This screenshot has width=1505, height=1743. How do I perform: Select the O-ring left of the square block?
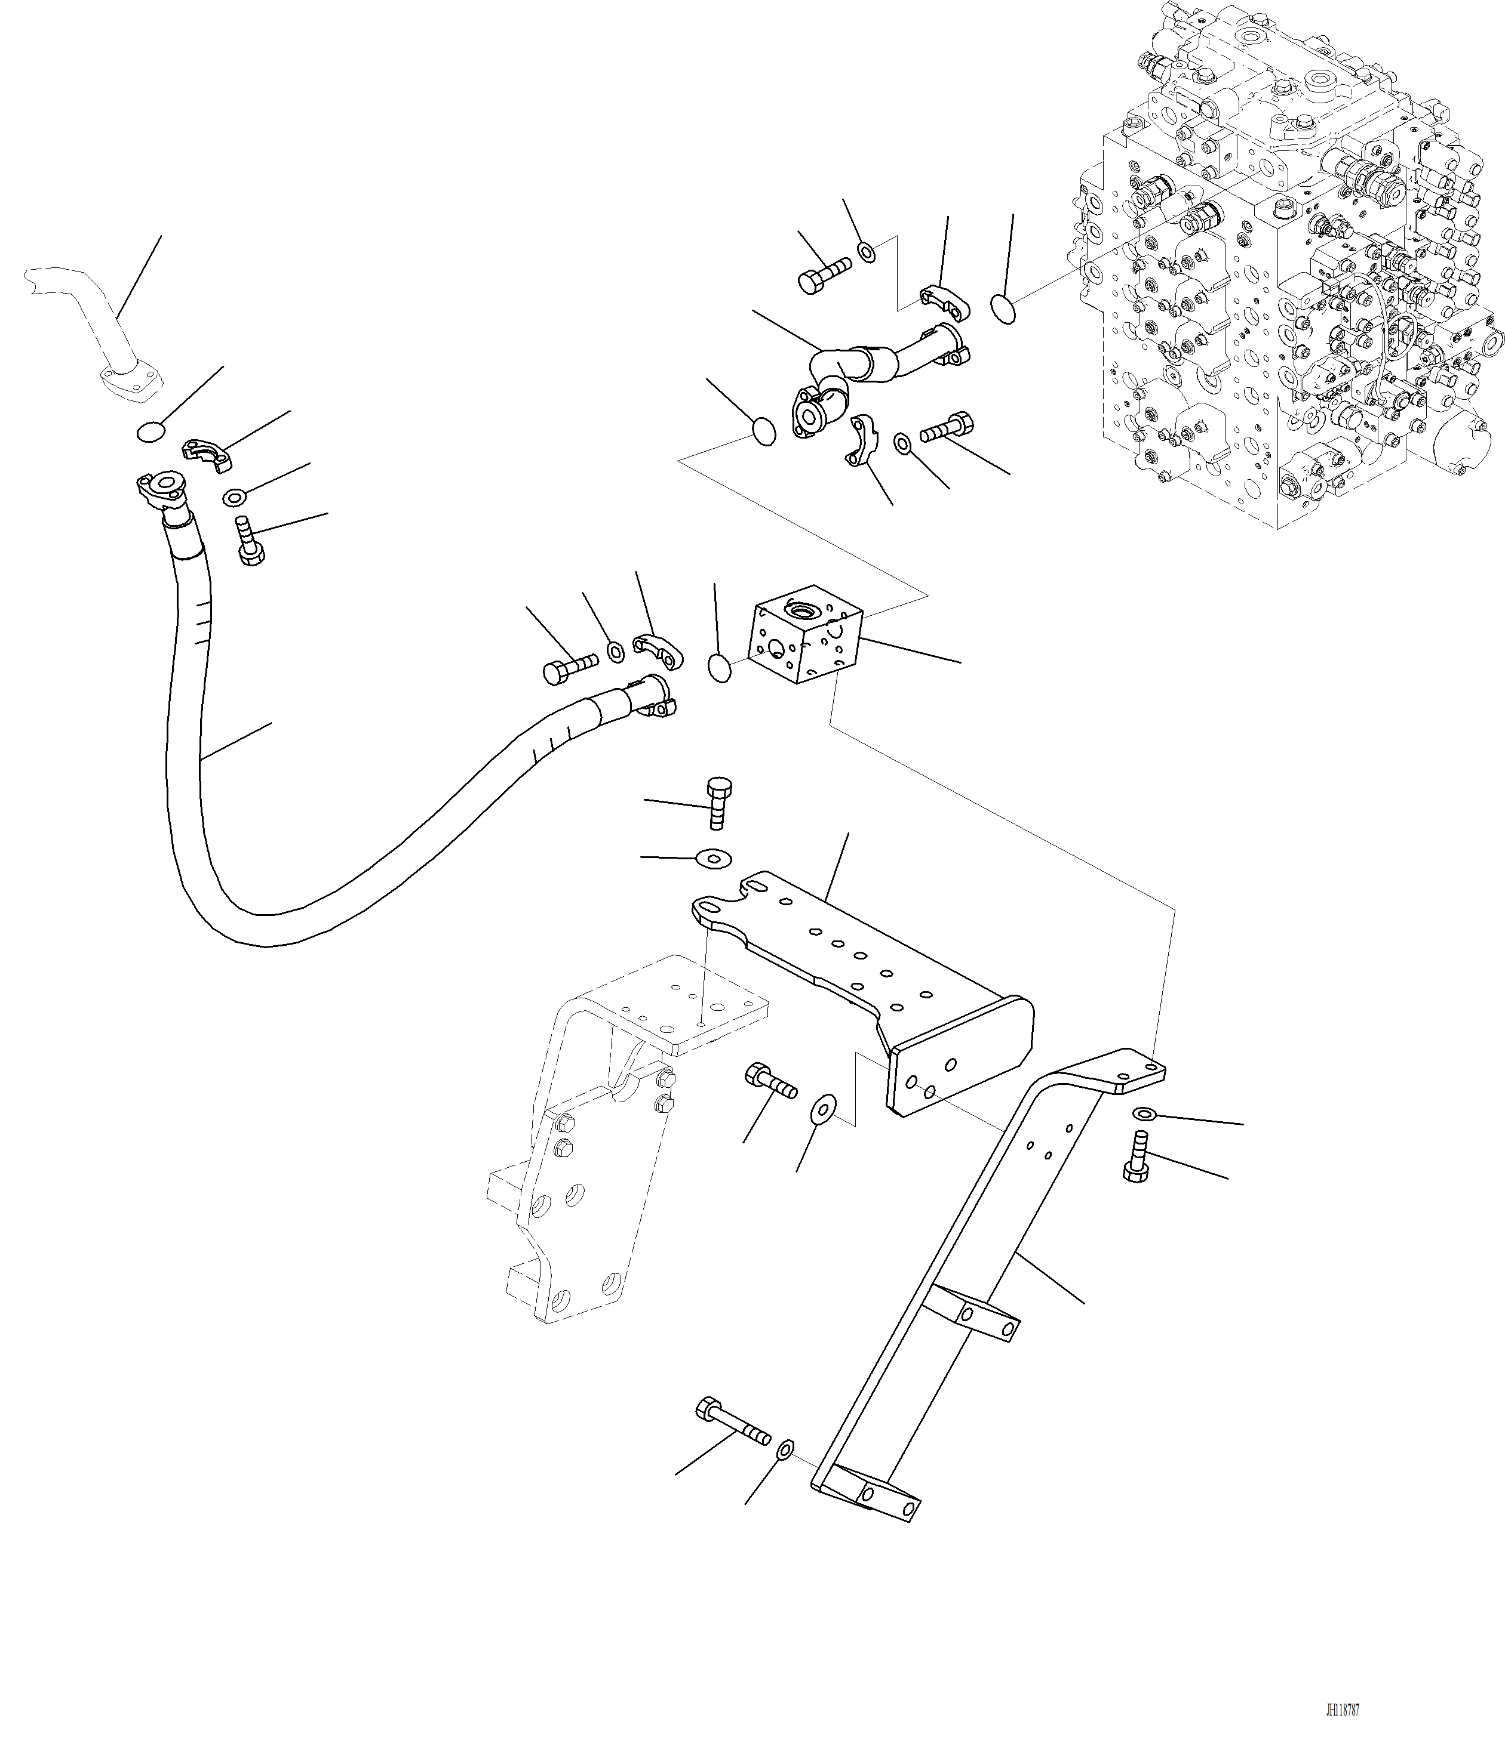point(720,669)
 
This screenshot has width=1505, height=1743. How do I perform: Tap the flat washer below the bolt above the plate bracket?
point(713,859)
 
